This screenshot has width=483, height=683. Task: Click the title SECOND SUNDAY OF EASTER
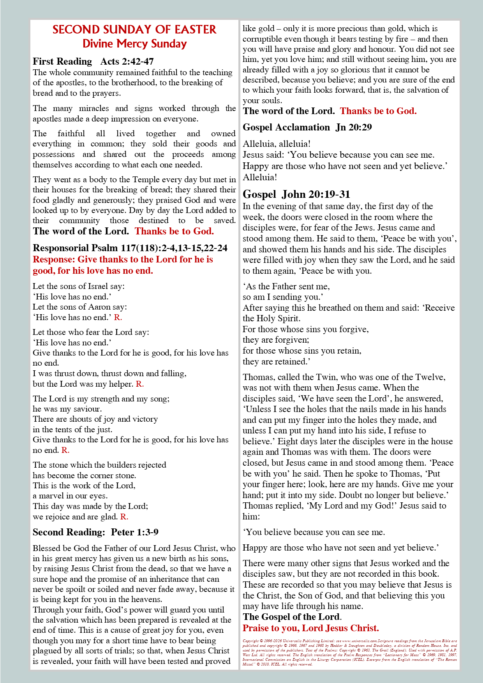(134, 30)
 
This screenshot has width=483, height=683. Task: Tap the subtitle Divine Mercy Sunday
(134, 44)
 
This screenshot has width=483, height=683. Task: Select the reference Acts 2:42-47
(127, 62)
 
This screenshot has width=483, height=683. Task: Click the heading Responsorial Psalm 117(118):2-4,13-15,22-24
(130, 248)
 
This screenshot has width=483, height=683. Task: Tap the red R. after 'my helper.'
(140, 384)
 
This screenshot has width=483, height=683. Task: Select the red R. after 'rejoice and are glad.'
(124, 517)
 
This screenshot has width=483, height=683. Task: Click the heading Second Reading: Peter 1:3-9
(95, 532)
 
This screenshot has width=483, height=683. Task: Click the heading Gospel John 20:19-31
(296, 194)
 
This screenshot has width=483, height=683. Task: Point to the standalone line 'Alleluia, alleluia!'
(277, 144)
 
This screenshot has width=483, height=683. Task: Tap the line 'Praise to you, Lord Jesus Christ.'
(310, 628)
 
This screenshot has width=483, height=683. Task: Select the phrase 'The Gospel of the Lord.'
(292, 617)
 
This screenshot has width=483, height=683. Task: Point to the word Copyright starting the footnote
(250, 641)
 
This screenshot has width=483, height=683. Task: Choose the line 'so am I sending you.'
(283, 297)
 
